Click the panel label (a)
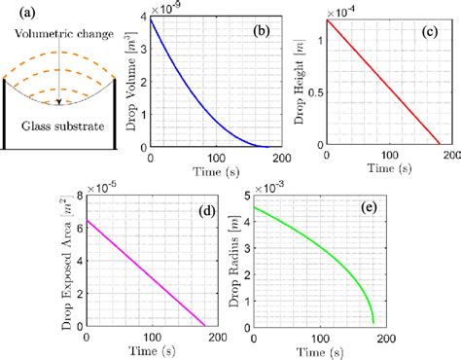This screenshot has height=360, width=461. pyautogui.click(x=18, y=14)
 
